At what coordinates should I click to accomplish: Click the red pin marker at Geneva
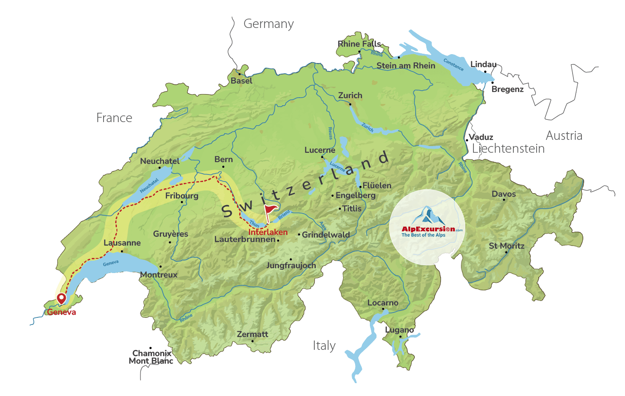coord(61,298)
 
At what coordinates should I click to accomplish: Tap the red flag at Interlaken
coord(270,210)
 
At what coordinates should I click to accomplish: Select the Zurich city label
coord(350,95)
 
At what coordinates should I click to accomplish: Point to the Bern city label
coord(224,159)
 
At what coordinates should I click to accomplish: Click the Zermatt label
coord(252,334)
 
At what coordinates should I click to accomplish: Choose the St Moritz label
coord(507,246)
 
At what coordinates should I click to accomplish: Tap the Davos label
coord(504,194)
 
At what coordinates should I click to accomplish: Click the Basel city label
coord(241,81)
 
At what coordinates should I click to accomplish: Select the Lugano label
coord(400,330)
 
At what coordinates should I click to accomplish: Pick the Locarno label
coord(383,303)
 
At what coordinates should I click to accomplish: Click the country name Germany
coord(268,24)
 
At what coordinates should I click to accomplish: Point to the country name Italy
coord(324,345)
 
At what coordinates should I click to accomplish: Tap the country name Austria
coord(564,135)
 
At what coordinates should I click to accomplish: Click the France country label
coord(114,118)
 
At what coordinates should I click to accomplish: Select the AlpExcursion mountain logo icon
coord(427,216)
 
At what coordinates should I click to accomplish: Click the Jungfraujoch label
coord(291,265)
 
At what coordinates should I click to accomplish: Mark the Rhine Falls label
coord(359,44)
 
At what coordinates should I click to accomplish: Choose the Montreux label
coord(159,275)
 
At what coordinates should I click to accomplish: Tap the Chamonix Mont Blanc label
coord(151,357)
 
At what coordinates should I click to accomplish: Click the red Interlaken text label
coord(268,232)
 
